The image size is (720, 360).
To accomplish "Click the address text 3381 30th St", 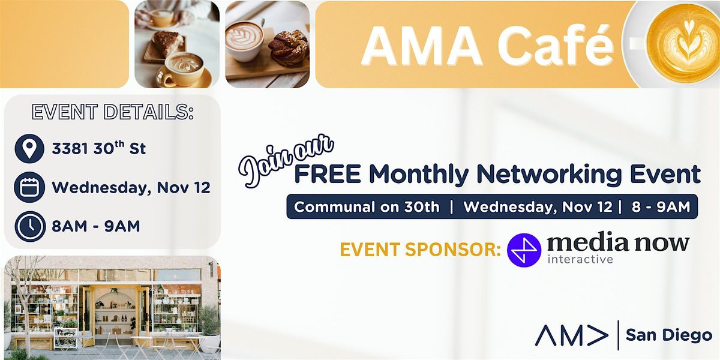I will pos(99,149).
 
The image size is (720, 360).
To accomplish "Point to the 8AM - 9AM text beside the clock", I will pos(96,226).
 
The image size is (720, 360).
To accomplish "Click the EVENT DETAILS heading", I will pos(112,113).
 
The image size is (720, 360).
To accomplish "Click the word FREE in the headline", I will pos(328,174).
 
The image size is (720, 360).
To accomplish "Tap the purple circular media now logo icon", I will pos(524,249).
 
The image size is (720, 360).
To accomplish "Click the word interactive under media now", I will pos(580,260).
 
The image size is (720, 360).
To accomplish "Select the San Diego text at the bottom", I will pos(668,335).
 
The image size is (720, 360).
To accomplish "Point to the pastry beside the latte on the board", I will pos(289,48).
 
